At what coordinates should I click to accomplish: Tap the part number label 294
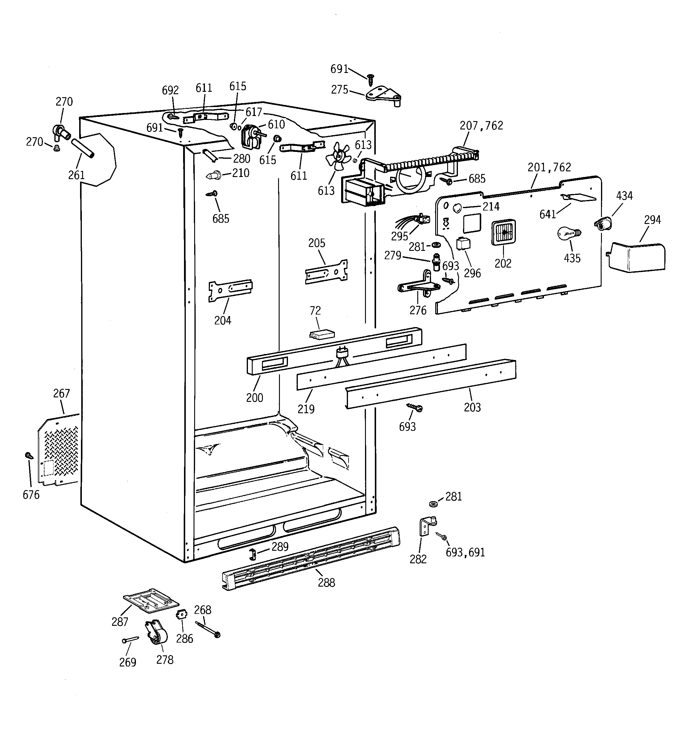[x=652, y=220]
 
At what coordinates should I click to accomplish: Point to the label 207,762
[x=481, y=126]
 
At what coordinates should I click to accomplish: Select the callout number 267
[x=61, y=393]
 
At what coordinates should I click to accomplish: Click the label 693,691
[x=465, y=553]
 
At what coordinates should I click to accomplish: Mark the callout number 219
[x=306, y=409]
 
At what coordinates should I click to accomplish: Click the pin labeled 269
[x=130, y=640]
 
